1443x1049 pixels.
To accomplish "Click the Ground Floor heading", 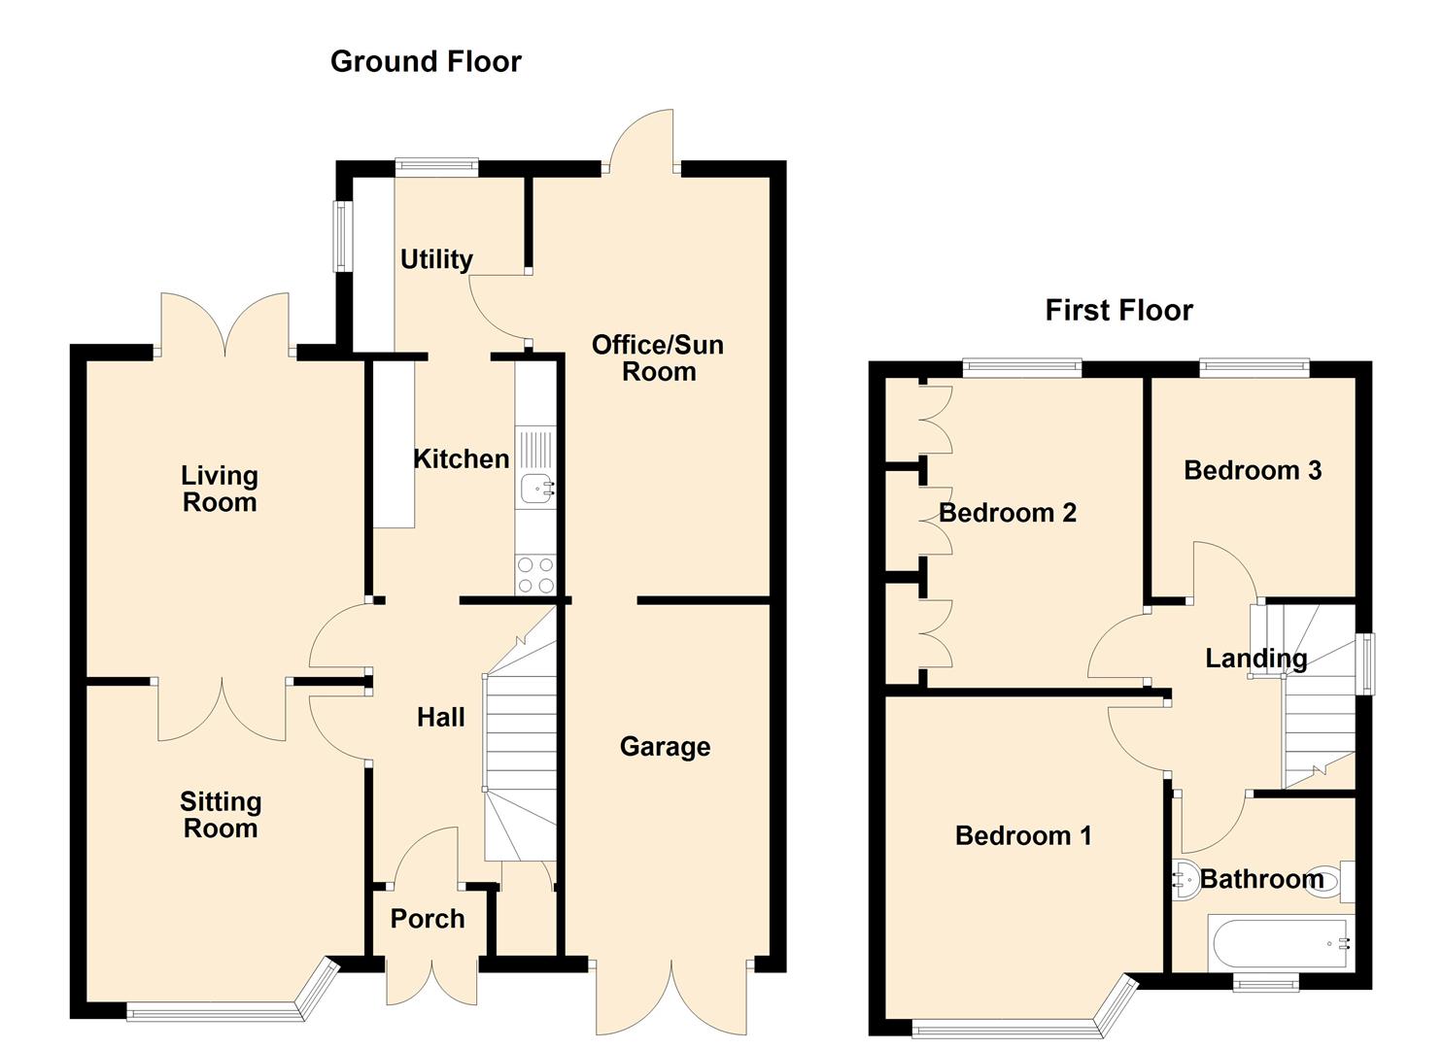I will pyautogui.click(x=426, y=61).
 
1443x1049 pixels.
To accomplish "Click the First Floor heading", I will pyautogui.click(x=1118, y=310).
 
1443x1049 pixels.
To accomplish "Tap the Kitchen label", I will pyautogui.click(x=461, y=458).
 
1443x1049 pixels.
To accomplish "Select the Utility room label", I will pyautogui.click(x=436, y=258).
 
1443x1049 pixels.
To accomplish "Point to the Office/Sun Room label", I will pyautogui.click(x=658, y=357).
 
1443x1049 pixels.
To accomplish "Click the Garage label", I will pyautogui.click(x=665, y=746).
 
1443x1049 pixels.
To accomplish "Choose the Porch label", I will pyautogui.click(x=427, y=918).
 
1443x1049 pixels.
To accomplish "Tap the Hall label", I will pyautogui.click(x=440, y=717).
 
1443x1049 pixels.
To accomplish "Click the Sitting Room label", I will pyautogui.click(x=221, y=814).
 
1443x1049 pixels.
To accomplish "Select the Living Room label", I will pyautogui.click(x=220, y=489).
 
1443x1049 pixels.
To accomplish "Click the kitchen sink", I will pyautogui.click(x=536, y=488).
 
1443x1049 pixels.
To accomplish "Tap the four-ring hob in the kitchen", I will pyautogui.click(x=534, y=574).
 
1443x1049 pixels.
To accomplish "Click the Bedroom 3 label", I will pyautogui.click(x=1252, y=470).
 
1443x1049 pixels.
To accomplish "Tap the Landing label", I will pyautogui.click(x=1255, y=658).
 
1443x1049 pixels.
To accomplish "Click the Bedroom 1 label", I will pyautogui.click(x=1023, y=835).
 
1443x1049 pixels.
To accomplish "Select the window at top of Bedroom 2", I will pyautogui.click(x=1021, y=367).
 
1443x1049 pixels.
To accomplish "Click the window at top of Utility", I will pyautogui.click(x=436, y=166).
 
